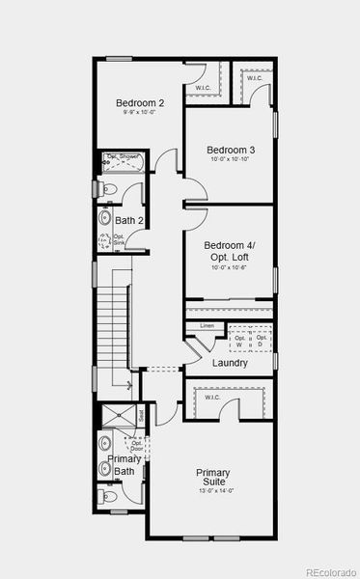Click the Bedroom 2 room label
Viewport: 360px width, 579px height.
point(140,103)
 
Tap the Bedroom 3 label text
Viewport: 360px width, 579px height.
point(231,150)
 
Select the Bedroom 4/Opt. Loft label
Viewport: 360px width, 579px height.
point(230,251)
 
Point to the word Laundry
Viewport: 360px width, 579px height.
point(229,363)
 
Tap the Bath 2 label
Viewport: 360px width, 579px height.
point(128,221)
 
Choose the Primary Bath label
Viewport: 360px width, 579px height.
point(123,465)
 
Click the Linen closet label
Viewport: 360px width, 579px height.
point(207,326)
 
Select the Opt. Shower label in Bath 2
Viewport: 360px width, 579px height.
point(123,156)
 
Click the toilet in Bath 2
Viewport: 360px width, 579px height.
point(108,189)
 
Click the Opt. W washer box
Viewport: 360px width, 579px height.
point(239,341)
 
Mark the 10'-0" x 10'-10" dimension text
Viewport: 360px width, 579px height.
point(231,161)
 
